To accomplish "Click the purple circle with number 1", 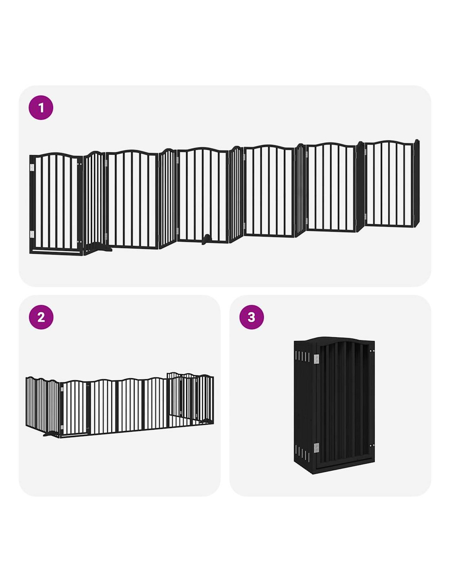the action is pos(41,108).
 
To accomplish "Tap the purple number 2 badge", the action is pos(41,317).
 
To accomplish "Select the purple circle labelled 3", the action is pos(251,317).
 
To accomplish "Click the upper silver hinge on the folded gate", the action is pos(316,359).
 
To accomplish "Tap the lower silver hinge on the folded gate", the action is pos(316,448).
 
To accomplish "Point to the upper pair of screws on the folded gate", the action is pos(371,351).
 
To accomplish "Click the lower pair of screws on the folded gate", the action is pos(371,445).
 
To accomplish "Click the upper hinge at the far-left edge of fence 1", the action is pos(32,168).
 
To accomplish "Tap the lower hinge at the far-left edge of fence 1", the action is pos(32,234).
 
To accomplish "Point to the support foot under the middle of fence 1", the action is pos(206,239).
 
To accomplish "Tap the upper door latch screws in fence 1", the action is pos(79,164).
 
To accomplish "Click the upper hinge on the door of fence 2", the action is pos(62,391).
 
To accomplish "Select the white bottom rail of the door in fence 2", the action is pos(74,435).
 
